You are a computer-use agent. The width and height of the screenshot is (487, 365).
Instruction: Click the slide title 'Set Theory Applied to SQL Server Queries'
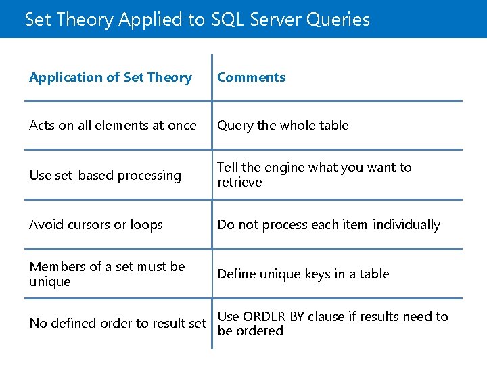197,20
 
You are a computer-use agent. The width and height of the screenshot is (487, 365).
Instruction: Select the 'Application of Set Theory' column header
110,78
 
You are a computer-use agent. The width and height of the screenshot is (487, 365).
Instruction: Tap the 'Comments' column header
251,78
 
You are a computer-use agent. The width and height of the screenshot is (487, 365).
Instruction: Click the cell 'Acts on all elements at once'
112,126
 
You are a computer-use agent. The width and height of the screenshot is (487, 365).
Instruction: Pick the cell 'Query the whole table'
283,126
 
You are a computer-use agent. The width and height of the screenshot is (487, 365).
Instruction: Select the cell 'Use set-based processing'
105,176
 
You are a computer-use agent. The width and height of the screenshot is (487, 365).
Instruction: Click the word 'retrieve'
239,182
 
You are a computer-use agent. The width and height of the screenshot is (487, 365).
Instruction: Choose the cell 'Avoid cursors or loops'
95,225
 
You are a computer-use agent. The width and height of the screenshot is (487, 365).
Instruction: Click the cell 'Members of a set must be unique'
106,274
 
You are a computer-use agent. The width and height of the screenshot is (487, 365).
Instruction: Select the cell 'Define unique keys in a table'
303,274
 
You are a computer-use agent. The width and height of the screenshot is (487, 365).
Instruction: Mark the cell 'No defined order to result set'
117,324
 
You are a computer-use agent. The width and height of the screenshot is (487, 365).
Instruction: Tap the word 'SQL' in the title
227,20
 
